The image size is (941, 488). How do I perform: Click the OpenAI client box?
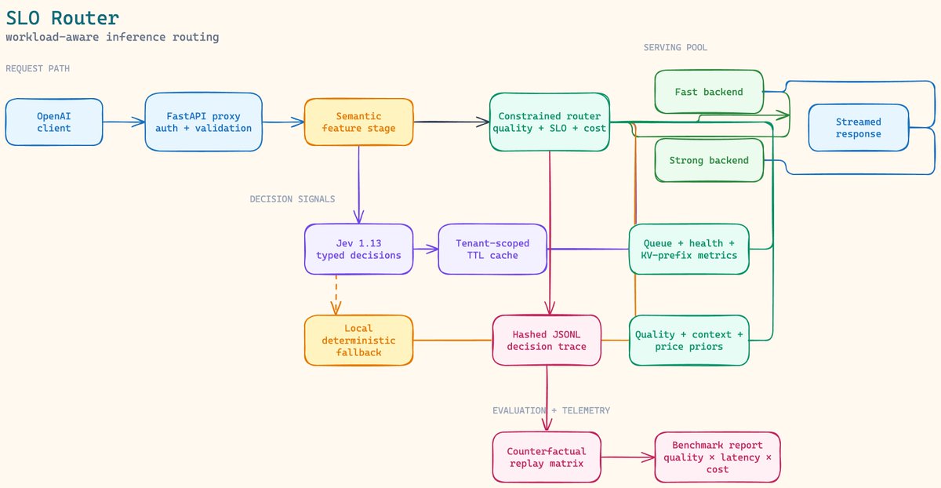point(54,122)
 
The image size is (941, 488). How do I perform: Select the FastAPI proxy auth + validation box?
point(203,122)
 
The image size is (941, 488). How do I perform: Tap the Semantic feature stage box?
point(359,122)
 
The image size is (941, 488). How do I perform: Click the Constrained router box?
point(550,122)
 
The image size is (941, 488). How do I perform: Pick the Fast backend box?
point(709,92)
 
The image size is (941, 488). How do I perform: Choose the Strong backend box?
point(709,160)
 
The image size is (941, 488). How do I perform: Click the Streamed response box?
point(858,128)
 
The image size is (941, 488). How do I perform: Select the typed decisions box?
point(359,249)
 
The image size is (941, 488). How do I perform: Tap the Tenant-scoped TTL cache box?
point(492,249)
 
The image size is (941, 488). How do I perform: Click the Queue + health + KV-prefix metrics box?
point(689,249)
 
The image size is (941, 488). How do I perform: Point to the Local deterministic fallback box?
point(359,340)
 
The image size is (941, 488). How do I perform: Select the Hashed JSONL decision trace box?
point(547,340)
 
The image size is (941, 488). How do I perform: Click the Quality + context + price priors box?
point(689,340)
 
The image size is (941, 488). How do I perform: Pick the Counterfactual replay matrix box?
point(547,457)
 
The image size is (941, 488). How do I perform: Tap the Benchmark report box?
point(718,457)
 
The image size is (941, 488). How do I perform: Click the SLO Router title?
point(63,18)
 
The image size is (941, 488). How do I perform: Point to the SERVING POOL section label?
point(675,48)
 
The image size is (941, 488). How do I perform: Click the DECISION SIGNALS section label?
point(292,198)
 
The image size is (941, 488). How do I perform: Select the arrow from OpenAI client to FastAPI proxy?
point(124,122)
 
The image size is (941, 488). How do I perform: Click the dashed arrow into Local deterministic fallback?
point(336,295)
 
